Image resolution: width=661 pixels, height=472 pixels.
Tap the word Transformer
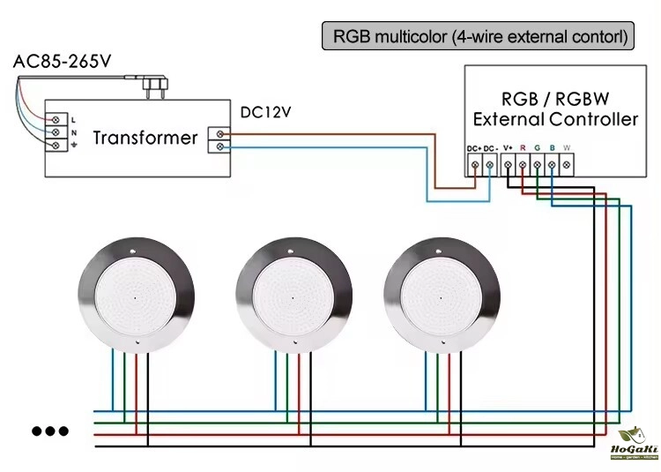click(x=145, y=138)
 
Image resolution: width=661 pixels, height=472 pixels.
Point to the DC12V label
click(x=265, y=112)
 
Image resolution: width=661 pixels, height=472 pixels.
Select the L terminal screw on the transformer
click(x=58, y=118)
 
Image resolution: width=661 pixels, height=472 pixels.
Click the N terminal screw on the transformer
click(x=58, y=131)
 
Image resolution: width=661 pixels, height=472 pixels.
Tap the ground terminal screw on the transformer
click(x=58, y=145)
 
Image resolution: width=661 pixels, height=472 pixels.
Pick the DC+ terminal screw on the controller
click(x=476, y=164)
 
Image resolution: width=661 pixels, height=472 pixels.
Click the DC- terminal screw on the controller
click(x=491, y=164)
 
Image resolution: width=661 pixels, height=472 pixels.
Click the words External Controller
click(x=555, y=119)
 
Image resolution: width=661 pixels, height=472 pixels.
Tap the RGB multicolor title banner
click(x=479, y=37)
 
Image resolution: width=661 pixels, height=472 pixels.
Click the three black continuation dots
click(x=50, y=431)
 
